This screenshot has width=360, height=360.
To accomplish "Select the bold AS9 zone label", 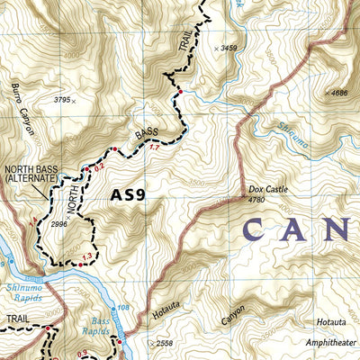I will coord(127,193).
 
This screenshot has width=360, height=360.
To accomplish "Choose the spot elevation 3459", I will coord(230,47).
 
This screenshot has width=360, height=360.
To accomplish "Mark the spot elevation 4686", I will coord(337,93).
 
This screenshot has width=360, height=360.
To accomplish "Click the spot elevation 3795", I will coord(62,100).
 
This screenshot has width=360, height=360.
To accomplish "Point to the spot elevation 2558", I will coord(162,344).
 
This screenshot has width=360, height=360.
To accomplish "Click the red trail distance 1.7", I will coord(154,147).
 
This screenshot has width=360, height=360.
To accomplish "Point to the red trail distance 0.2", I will coord(100,166).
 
